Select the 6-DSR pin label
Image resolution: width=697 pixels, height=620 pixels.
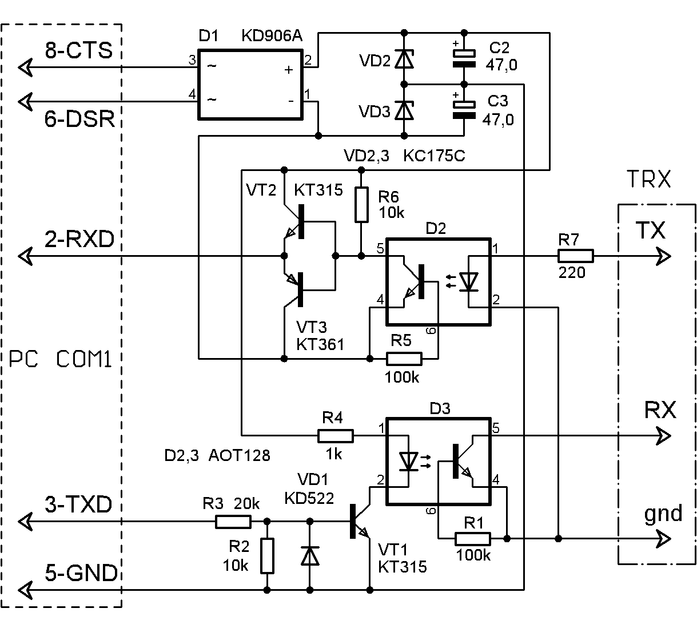point(79,120)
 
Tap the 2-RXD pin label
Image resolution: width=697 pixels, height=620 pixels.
point(79,239)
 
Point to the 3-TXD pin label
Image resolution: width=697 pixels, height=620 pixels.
point(78,505)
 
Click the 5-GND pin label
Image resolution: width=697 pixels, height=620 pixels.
point(81,573)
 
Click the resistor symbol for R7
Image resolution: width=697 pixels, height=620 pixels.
point(576,256)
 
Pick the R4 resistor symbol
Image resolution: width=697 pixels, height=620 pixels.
point(336,436)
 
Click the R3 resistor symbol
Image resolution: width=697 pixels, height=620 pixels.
point(233,521)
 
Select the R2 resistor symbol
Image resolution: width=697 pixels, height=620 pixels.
point(267,555)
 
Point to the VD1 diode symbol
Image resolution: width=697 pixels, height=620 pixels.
point(310,555)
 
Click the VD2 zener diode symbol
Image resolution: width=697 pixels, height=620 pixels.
point(405,59)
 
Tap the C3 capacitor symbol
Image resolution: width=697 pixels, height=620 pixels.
point(464,110)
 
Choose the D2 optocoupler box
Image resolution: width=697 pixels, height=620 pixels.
point(439,281)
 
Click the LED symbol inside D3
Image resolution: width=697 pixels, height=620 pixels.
point(408,461)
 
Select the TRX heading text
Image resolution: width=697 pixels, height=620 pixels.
point(649,180)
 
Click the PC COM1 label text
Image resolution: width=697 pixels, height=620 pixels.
point(61,360)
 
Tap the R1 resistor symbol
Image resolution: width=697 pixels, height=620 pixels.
point(473,538)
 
